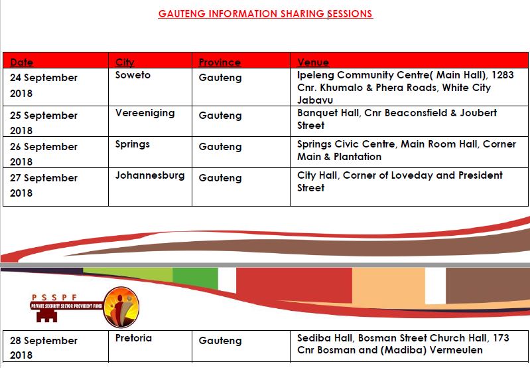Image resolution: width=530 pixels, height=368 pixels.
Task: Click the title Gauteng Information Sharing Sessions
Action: (265, 13)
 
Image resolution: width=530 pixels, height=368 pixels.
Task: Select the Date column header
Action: (22, 62)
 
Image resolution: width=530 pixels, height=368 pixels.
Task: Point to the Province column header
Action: (220, 62)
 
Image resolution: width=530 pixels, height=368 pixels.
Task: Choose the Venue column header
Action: (313, 62)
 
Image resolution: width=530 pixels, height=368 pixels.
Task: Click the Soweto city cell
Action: (133, 75)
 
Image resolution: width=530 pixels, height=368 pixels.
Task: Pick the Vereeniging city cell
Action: (145, 113)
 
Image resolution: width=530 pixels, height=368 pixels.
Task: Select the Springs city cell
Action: (133, 144)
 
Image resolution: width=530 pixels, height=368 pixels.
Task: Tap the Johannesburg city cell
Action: (150, 175)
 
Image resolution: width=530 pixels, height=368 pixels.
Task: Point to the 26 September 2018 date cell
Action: (44, 154)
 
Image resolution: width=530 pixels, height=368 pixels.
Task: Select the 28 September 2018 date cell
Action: (44, 348)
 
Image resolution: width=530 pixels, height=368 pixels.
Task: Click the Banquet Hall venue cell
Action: (397, 119)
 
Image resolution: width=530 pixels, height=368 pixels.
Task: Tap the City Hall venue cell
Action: (400, 181)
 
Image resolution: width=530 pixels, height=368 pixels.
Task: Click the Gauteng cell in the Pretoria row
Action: (220, 341)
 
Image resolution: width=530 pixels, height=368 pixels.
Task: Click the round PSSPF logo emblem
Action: (121, 306)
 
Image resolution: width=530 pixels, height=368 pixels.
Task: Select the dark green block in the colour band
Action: (195, 278)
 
